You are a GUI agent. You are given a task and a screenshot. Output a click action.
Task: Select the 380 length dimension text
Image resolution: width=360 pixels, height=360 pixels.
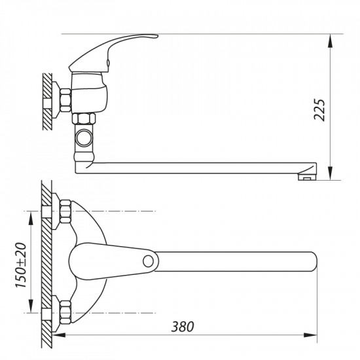pyautogui.click(x=185, y=326)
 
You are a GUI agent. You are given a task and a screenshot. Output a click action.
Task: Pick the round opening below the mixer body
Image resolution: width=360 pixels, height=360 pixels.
pyautogui.click(x=84, y=138)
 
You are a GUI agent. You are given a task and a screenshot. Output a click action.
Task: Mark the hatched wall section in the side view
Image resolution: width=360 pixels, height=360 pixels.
pyautogui.click(x=46, y=98)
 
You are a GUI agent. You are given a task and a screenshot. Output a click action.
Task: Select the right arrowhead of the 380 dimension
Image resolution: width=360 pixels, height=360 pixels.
pyautogui.click(x=314, y=335)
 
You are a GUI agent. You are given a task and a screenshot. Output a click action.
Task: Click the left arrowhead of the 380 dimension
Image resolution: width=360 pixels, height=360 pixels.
pyautogui.click(x=56, y=335)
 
